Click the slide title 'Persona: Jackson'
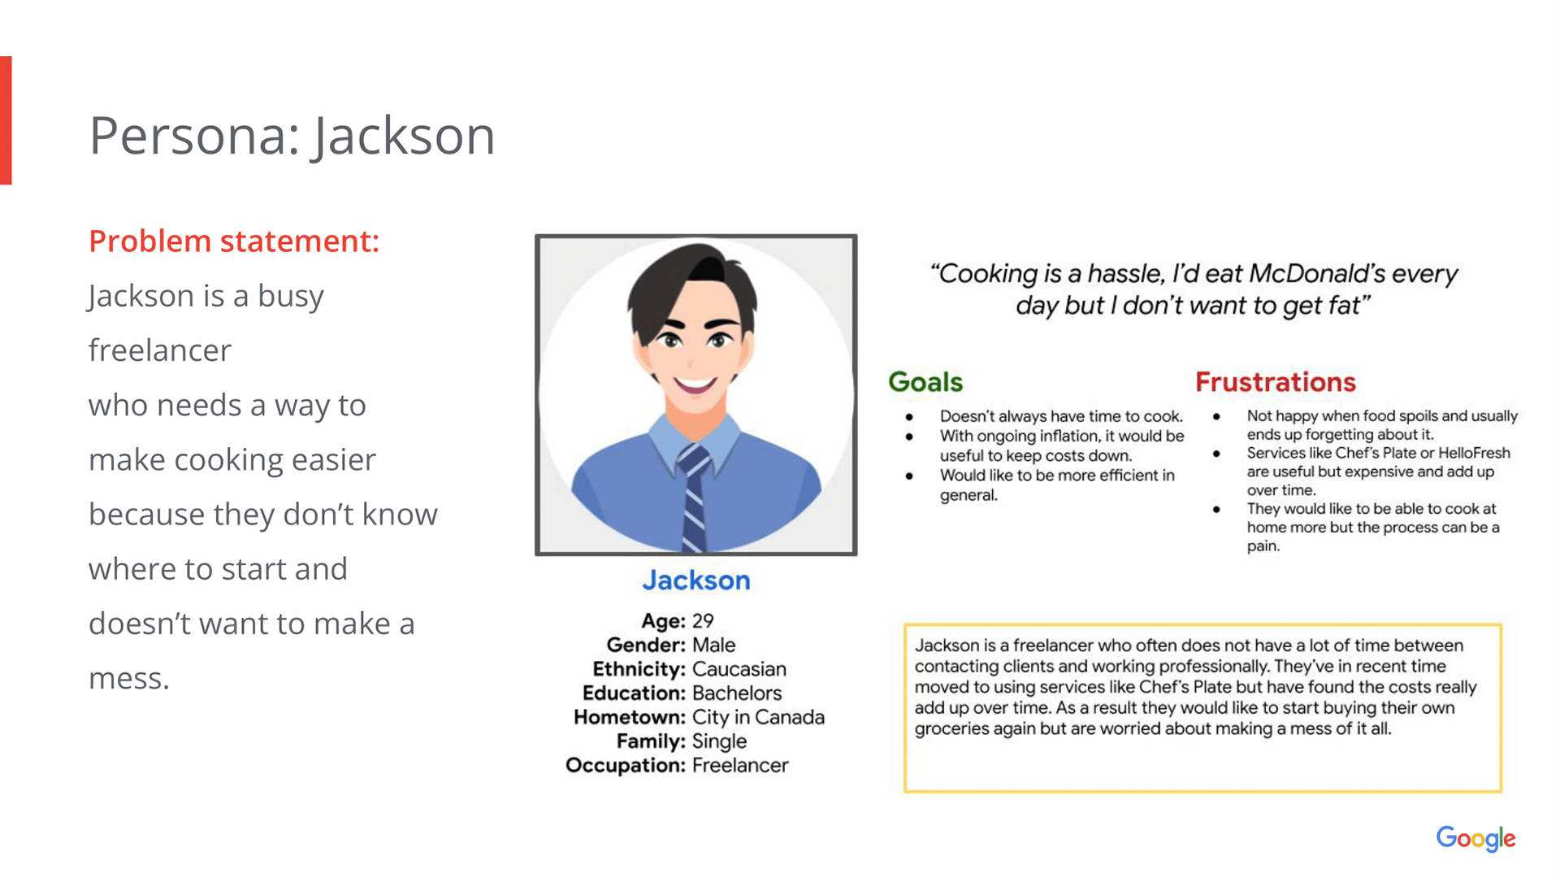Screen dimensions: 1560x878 point(292,136)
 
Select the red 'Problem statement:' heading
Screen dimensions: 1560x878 point(234,241)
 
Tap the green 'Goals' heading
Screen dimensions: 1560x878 point(925,382)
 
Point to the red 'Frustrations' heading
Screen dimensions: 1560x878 point(1276,382)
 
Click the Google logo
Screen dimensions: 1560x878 point(1475,839)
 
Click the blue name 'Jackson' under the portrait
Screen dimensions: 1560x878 point(696,580)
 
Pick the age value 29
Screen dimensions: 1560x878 point(703,621)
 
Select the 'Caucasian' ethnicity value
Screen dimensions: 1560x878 point(739,669)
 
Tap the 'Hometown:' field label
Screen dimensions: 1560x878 point(630,717)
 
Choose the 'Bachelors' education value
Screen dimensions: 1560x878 point(737,693)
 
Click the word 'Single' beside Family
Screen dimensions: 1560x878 point(719,741)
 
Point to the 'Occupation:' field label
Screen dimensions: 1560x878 point(626,766)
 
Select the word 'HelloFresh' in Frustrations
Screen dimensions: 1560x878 point(1474,453)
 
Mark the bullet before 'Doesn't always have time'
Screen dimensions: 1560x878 point(909,417)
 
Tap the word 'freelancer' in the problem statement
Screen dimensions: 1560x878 point(160,350)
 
